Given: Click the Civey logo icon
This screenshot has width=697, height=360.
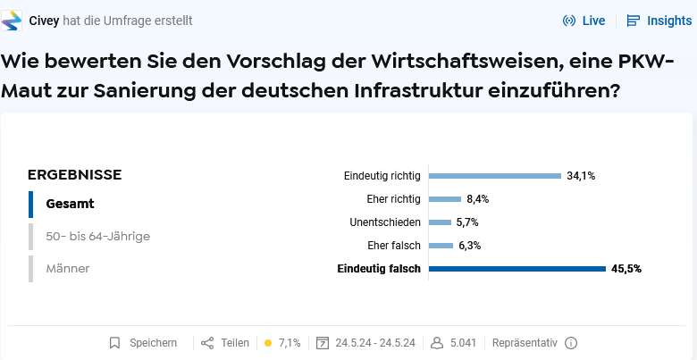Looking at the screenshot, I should coord(13,21).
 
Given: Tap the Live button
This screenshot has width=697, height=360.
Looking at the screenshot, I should coord(584,21).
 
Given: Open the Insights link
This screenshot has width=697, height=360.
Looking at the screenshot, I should coord(659,21).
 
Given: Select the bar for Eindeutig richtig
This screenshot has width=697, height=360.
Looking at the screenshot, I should coord(495,176).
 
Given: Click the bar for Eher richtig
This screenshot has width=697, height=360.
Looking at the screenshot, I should coord(445,199).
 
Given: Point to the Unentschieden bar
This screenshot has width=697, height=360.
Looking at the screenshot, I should coord(441,222).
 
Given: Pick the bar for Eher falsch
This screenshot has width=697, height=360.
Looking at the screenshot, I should coord(441,246).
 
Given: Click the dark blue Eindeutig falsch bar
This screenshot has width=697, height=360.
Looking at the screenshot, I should coord(517,269).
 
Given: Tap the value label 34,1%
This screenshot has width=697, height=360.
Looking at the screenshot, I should coord(581,176).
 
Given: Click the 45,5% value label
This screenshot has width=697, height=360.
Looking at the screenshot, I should coord(626,269).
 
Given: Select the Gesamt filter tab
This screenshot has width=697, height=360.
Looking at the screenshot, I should coord(70,204).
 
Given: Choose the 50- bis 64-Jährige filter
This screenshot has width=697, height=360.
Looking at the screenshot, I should coord(97,237).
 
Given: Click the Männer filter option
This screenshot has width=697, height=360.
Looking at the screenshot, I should coord(67,268).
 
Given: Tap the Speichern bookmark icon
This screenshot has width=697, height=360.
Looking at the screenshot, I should coord(114,343).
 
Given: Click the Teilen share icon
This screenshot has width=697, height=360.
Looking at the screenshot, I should coord(207,343).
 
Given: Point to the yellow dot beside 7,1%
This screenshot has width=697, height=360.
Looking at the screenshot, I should coord(268,343).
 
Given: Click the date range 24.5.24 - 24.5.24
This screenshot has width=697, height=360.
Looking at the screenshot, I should coord(375,343).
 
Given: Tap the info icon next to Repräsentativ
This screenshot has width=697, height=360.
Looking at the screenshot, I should coord(571,343).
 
